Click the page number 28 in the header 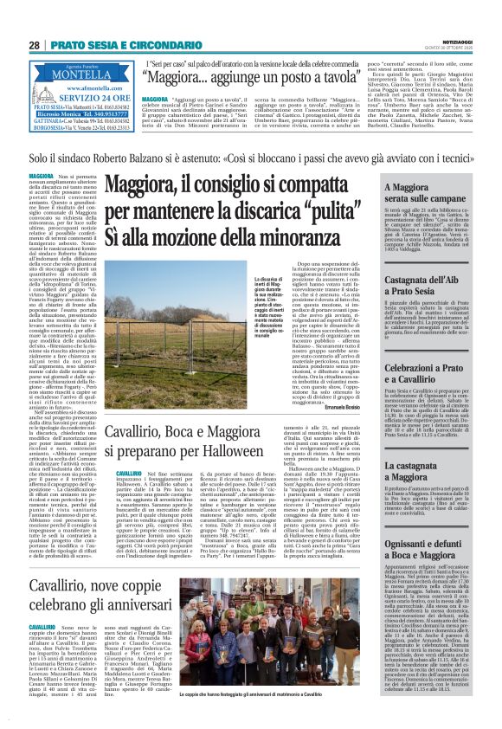[35, 44]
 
